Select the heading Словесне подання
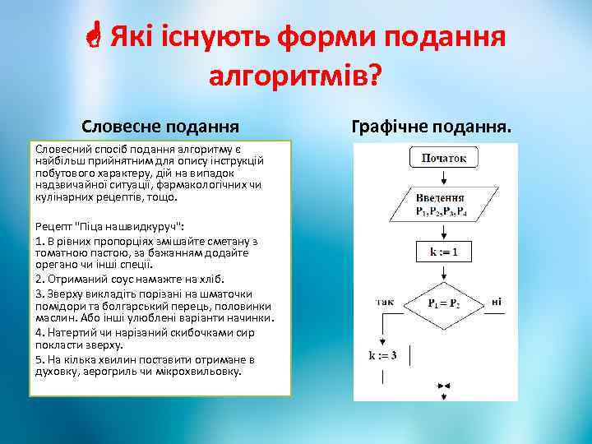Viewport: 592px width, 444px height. coord(160,127)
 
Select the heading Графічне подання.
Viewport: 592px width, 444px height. coord(431,127)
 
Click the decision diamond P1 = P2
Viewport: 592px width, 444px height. coord(444,303)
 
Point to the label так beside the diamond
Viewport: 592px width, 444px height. coord(384,302)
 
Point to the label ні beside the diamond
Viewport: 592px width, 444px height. coord(497,302)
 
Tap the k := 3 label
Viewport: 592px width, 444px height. coord(382,355)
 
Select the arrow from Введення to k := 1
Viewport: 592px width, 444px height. coord(444,231)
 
